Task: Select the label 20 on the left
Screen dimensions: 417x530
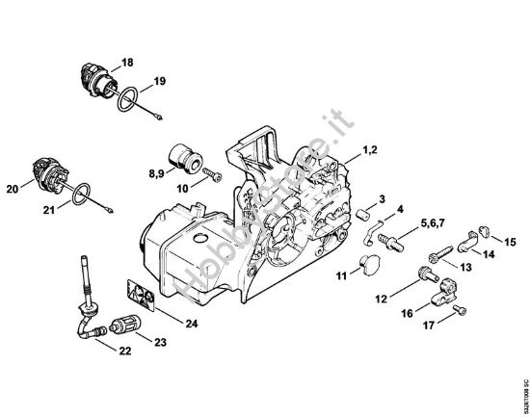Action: (13, 189)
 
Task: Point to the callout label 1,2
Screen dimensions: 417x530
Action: (370, 152)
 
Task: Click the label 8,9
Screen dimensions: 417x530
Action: (155, 173)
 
